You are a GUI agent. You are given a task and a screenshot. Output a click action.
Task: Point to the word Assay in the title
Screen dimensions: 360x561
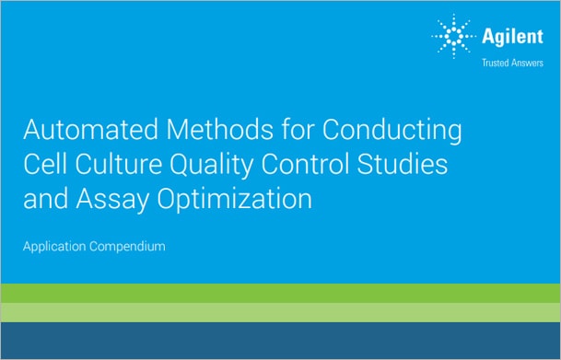coord(106,200)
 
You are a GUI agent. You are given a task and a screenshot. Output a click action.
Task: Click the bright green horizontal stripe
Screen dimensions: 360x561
coord(280,294)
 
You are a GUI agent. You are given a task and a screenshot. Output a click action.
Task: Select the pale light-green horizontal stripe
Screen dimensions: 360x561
coord(280,312)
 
